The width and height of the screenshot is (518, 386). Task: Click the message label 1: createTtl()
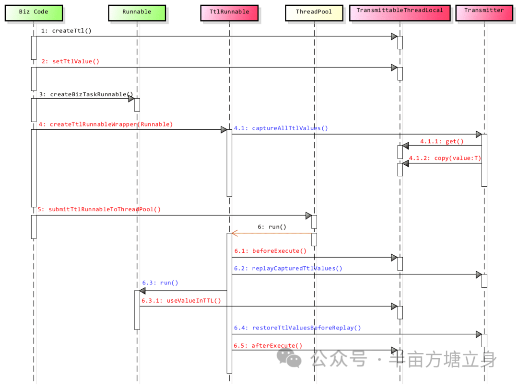(66, 31)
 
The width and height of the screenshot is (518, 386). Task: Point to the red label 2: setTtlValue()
(70, 61)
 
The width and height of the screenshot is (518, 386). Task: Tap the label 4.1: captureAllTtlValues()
(281, 128)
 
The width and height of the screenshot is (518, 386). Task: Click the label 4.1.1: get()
(442, 141)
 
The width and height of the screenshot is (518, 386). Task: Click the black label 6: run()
(272, 227)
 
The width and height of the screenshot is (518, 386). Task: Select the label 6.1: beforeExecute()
(270, 251)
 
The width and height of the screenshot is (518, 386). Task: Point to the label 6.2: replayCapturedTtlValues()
(288, 268)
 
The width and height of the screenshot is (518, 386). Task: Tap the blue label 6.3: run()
(160, 283)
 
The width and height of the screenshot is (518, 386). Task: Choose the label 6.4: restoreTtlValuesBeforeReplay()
(297, 328)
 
